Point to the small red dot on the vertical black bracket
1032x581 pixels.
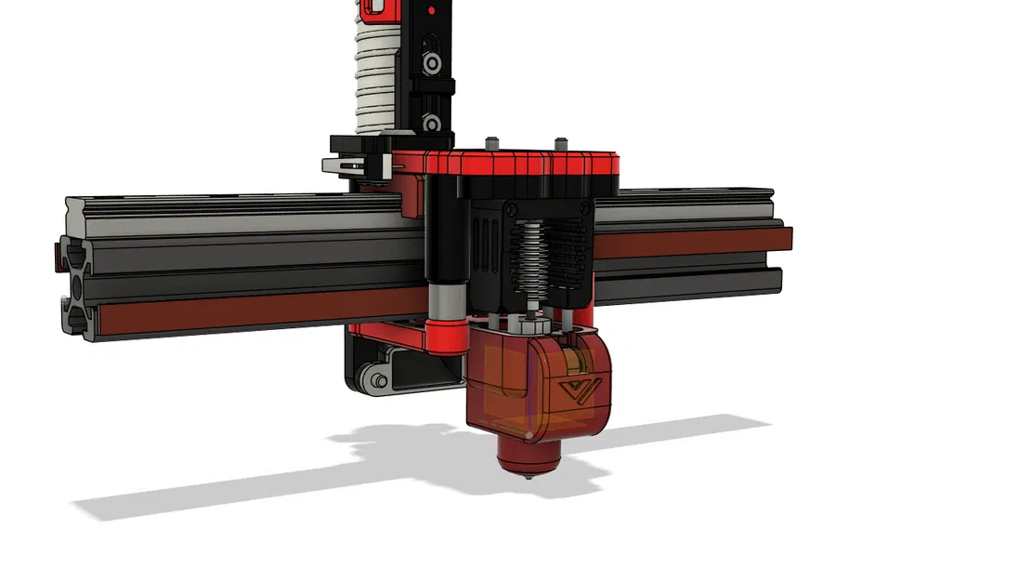430,10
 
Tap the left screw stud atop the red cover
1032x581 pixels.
493,143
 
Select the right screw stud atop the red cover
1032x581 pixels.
561,143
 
